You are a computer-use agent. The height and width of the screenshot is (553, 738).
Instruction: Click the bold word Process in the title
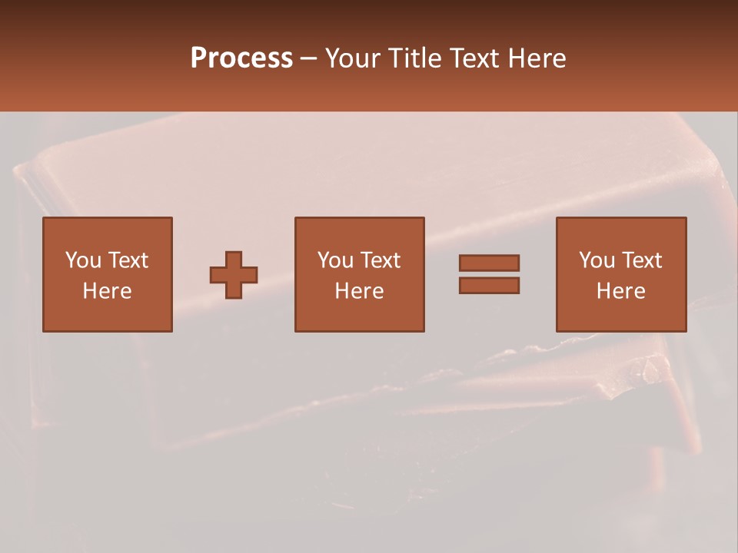click(x=241, y=58)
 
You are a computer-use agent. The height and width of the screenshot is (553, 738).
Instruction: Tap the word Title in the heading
click(x=415, y=58)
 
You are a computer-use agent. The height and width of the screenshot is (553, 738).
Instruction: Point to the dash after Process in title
click(x=309, y=58)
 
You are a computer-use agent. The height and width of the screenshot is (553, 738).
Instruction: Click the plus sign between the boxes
click(x=234, y=274)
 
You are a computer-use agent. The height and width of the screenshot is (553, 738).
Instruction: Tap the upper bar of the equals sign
click(x=489, y=263)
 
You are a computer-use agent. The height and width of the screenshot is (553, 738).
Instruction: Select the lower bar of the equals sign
click(x=489, y=285)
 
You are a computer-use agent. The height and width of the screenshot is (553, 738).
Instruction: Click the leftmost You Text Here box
click(x=107, y=274)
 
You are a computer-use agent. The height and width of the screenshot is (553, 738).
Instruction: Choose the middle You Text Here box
click(x=359, y=274)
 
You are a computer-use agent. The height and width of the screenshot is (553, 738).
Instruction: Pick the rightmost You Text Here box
click(x=620, y=274)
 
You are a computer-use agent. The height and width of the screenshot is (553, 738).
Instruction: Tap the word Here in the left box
click(x=107, y=291)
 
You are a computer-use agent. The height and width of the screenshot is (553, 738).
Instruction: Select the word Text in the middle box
click(x=380, y=260)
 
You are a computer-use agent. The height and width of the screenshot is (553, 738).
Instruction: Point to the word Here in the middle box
click(x=359, y=291)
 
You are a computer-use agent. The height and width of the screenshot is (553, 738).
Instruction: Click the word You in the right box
click(x=597, y=260)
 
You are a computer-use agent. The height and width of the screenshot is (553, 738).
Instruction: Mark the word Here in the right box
click(x=620, y=291)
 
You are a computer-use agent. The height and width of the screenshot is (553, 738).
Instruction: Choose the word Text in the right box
click(x=641, y=260)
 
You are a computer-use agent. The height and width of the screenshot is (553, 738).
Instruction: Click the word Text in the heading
click(x=476, y=58)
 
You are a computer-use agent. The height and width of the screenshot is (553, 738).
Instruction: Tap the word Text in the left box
click(x=128, y=260)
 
